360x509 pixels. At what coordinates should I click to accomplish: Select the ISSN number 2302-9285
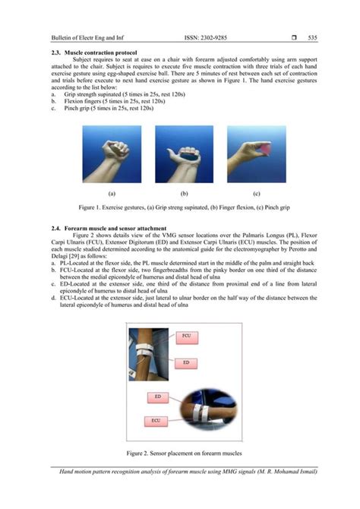click(x=202, y=37)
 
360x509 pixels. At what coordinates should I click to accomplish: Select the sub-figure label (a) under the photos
click(x=112, y=193)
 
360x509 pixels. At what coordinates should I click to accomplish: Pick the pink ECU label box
click(x=155, y=419)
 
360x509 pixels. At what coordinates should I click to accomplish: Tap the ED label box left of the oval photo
click(x=157, y=397)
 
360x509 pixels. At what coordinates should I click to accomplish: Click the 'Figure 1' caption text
click(x=179, y=206)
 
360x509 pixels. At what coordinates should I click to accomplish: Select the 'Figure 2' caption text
click(x=179, y=452)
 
